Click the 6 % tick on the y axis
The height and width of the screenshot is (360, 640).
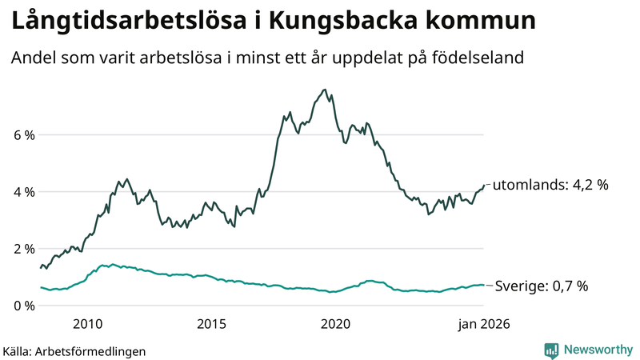tap(23, 135)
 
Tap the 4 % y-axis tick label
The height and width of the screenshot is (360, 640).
tap(23, 192)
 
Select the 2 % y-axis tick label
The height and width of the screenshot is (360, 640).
tap(23, 249)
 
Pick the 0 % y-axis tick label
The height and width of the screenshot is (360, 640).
tap(23, 306)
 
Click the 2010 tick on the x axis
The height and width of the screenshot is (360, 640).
tap(88, 324)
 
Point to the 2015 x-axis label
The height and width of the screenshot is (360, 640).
tap(212, 324)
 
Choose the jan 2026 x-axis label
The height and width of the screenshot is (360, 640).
tap(483, 324)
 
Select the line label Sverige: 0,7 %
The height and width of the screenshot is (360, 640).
tap(542, 286)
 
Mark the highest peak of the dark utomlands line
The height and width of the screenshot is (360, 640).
tap(323, 90)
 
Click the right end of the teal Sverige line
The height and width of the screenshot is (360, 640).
tap(484, 285)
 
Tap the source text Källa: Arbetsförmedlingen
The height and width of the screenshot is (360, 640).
tap(74, 350)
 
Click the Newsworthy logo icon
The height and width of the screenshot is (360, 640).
tap(551, 350)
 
